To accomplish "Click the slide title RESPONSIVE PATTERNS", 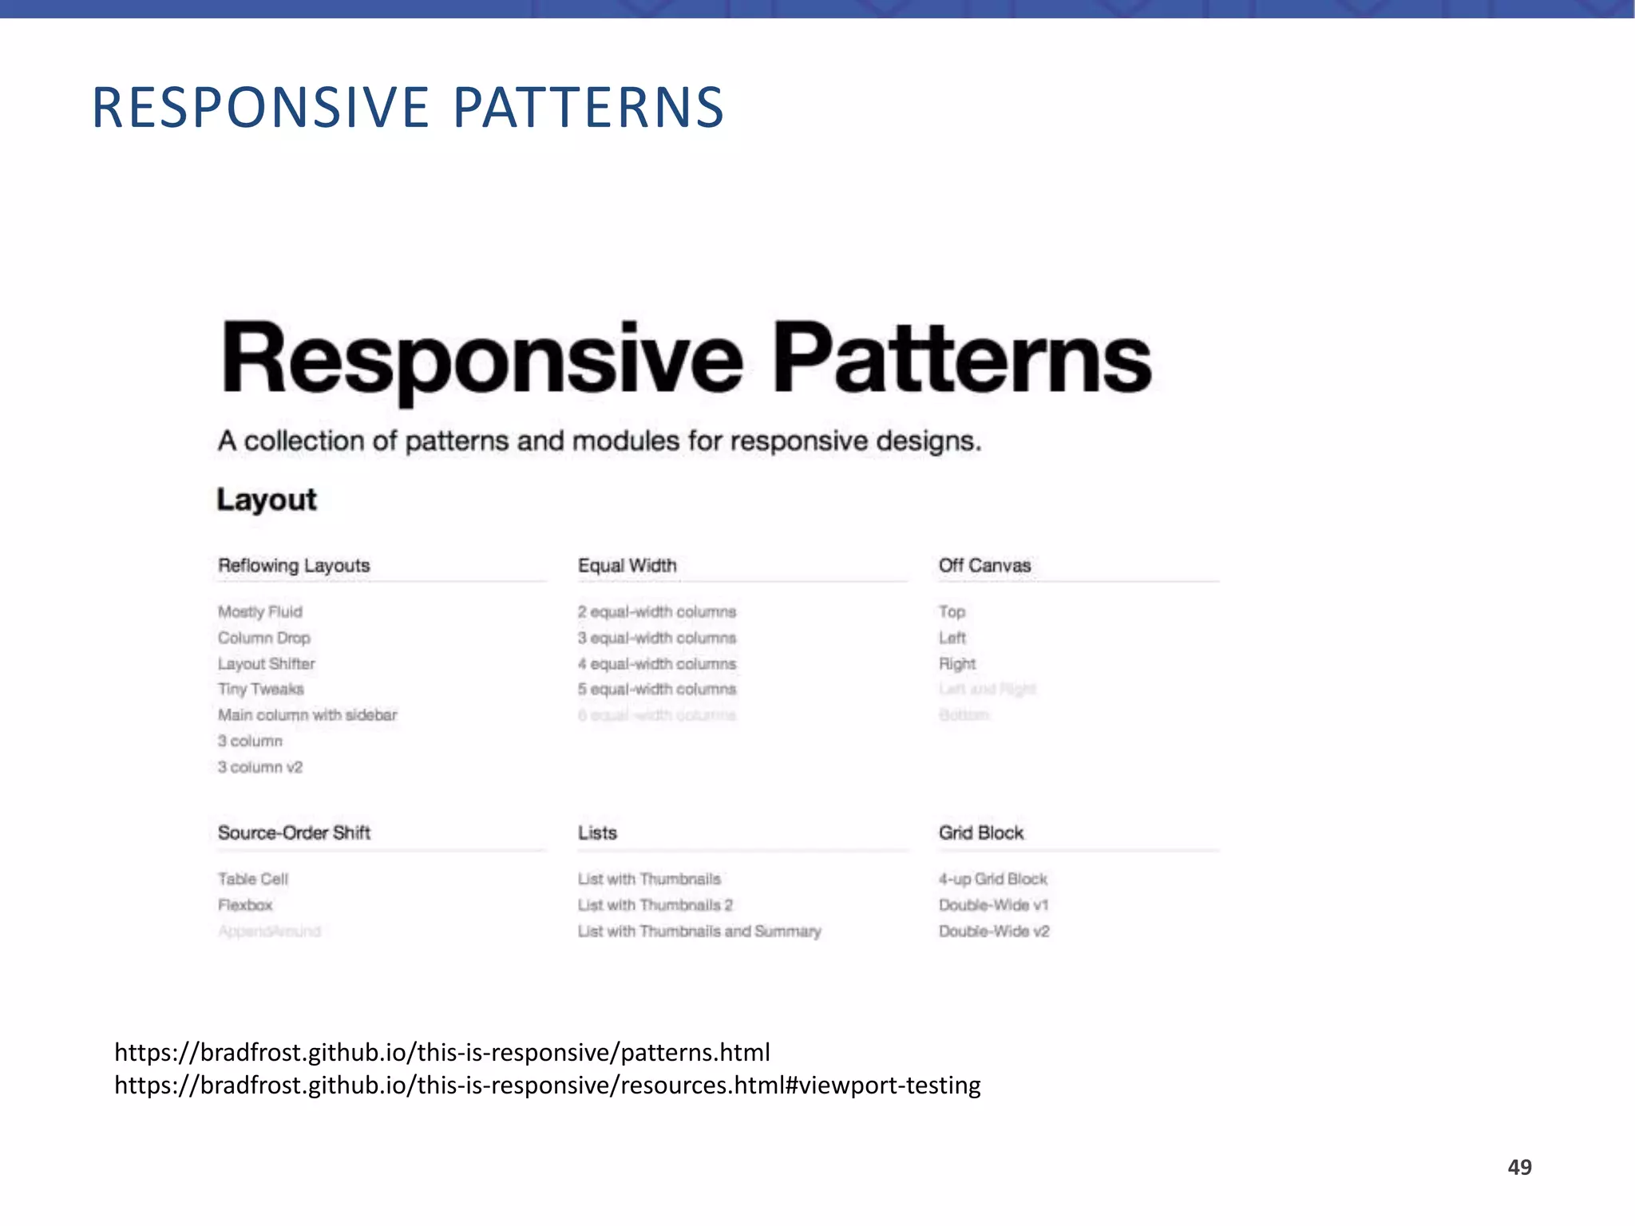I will point(408,108).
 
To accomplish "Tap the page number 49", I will point(1519,1167).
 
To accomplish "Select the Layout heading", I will point(267,500).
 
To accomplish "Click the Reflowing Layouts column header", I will point(294,565).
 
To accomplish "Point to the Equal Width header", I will point(627,565).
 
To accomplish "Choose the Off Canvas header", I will point(984,565).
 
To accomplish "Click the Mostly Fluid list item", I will point(260,611).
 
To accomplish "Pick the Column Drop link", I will point(263,638).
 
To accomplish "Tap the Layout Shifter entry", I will point(266,663).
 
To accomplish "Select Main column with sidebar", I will point(307,714).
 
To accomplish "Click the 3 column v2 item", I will point(260,767).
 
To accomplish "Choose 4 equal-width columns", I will point(657,663).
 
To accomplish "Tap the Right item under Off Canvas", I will point(957,663).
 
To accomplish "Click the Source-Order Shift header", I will point(294,832).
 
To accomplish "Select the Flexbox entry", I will point(245,904).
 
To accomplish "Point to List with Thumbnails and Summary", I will point(699,931).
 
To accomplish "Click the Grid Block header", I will point(981,832).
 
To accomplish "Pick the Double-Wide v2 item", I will point(994,931).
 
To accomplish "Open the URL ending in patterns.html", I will point(442,1052).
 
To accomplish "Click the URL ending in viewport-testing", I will point(548,1086).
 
